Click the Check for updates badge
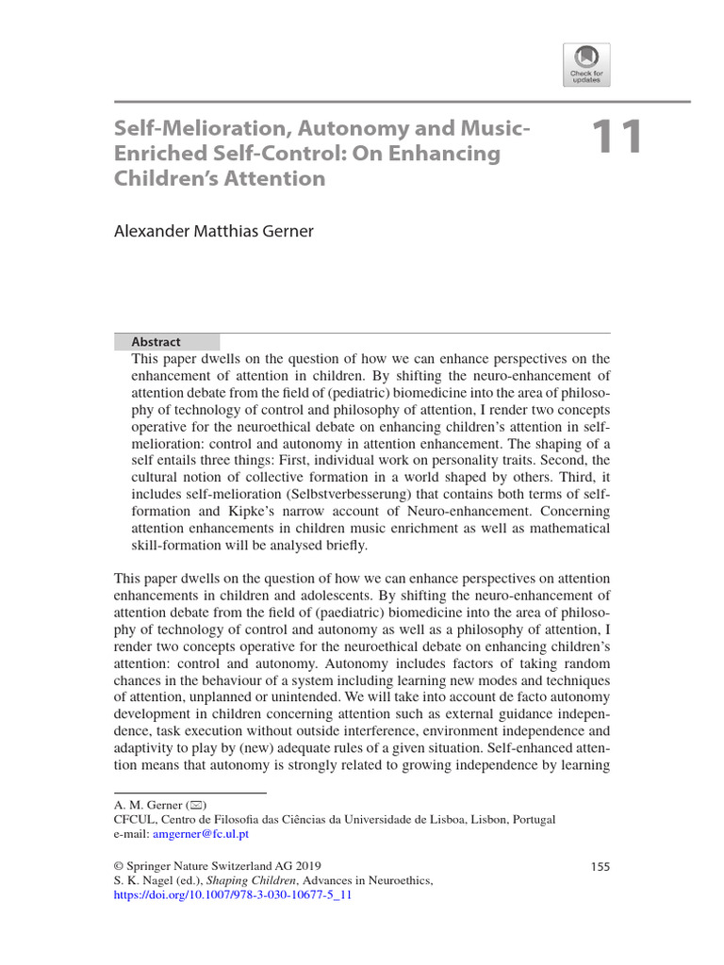(586, 65)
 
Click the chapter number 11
(617, 138)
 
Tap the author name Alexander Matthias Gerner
(214, 231)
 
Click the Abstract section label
(156, 342)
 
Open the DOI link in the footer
(232, 895)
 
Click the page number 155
(600, 865)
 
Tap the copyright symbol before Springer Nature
(119, 865)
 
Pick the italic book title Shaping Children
(252, 880)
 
